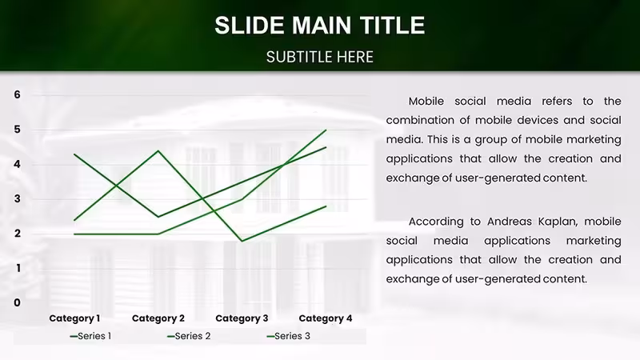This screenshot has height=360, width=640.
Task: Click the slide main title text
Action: pos(319,26)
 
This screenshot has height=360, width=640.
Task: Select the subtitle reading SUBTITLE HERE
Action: pos(319,57)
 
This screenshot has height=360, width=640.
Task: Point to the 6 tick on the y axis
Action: pos(17,94)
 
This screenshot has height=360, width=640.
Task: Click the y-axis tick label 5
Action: pos(17,130)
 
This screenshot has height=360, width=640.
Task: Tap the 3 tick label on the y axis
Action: pos(17,198)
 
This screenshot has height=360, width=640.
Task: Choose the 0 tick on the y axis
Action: pos(17,303)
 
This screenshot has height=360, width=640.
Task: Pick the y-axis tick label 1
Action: pos(18,268)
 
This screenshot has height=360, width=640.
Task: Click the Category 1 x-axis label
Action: pos(74,318)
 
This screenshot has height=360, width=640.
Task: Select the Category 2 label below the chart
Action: pos(158,318)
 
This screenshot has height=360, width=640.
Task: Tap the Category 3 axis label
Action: pos(242,318)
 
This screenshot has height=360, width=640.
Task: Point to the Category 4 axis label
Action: pos(326,318)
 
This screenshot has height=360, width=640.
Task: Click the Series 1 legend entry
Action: pos(90,336)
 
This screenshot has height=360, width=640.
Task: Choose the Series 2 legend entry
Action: pos(189,336)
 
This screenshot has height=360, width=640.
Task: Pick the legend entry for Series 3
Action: pos(288,336)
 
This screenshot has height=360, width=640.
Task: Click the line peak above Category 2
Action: pos(158,151)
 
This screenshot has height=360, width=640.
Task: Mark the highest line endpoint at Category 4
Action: pos(326,130)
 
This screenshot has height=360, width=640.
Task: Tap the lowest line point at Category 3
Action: pos(242,241)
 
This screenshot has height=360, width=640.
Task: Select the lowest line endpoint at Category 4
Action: pos(326,206)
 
